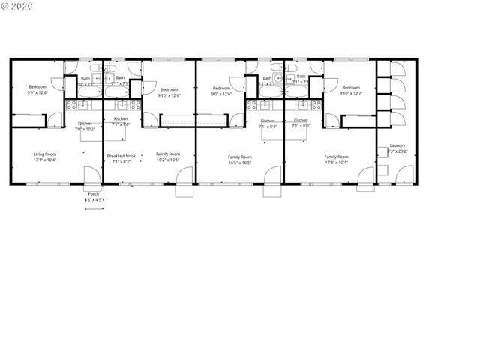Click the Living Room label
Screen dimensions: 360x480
[x=46, y=154]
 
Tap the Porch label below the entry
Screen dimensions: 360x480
[x=94, y=194]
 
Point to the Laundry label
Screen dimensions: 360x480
[x=397, y=145]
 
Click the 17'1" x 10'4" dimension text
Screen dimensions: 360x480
[x=46, y=160]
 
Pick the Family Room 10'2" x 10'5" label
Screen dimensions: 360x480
[x=168, y=157]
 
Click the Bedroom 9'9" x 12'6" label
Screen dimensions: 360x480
[x=37, y=90]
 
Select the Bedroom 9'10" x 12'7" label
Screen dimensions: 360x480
[x=350, y=91]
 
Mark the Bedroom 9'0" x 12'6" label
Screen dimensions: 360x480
[x=221, y=91]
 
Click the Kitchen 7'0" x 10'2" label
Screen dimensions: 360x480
[x=85, y=126]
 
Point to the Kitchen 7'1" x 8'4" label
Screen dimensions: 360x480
[x=268, y=124]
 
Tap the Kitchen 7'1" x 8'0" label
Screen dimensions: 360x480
[x=301, y=124]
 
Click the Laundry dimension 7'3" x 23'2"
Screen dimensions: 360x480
[x=397, y=151]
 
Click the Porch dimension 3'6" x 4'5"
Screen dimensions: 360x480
[x=94, y=200]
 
